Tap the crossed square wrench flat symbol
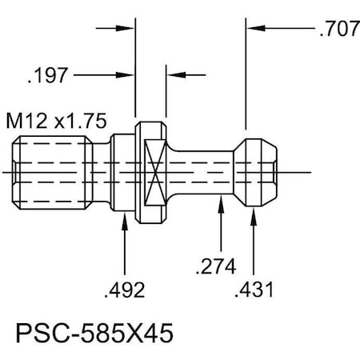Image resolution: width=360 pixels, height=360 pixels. coord(158,172)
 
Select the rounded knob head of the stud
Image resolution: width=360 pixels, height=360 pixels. coord(257,171)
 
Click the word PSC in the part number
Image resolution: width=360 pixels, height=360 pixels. coord(32,330)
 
